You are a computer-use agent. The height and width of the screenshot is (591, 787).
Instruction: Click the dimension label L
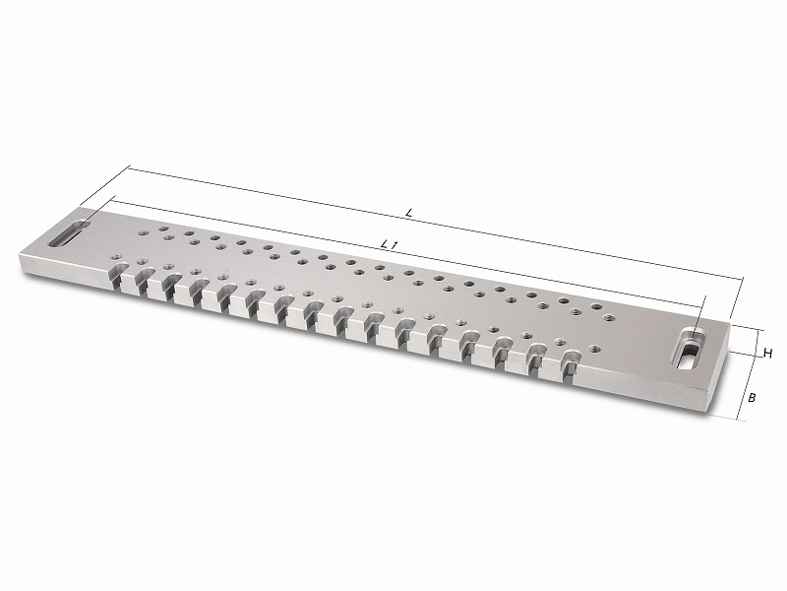pyautogui.click(x=409, y=213)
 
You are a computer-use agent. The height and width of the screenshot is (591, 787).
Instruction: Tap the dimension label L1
pyautogui.click(x=390, y=245)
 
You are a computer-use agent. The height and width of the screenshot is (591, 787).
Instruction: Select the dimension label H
pyautogui.click(x=767, y=354)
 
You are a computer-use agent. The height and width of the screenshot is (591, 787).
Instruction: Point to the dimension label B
pyautogui.click(x=752, y=398)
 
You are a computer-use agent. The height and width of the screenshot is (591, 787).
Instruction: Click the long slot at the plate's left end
pyautogui.click(x=69, y=232)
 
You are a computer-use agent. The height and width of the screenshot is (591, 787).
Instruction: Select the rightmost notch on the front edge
pyautogui.click(x=569, y=367)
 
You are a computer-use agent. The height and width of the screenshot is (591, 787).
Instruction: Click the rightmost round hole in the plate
pyautogui.click(x=608, y=317)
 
